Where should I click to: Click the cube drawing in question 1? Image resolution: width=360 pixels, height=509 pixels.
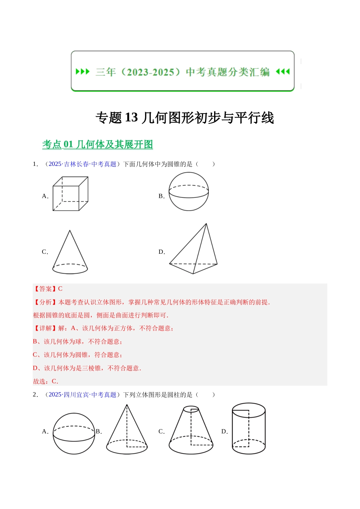(70, 194)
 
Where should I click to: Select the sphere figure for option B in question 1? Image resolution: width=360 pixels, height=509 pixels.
(188, 191)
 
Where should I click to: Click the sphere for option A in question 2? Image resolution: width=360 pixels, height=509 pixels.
(74, 433)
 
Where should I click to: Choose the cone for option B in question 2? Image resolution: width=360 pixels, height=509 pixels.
(127, 430)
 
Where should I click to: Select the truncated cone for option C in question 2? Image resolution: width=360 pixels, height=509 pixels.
(191, 431)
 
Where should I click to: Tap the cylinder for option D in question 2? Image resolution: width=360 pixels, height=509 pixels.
(249, 428)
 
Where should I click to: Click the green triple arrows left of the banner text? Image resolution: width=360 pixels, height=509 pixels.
(83, 72)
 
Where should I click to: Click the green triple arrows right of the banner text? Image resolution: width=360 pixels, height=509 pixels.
(283, 72)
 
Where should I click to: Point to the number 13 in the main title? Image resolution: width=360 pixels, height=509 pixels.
(131, 118)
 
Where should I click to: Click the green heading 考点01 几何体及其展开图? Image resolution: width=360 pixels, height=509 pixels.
(97, 145)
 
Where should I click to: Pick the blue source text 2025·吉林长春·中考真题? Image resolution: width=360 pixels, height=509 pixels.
(83, 164)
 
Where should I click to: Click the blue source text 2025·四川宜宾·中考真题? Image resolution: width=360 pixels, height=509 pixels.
(83, 395)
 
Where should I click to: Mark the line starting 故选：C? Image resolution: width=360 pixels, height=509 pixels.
(45, 381)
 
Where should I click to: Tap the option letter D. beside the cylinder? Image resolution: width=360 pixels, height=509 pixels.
(225, 431)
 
